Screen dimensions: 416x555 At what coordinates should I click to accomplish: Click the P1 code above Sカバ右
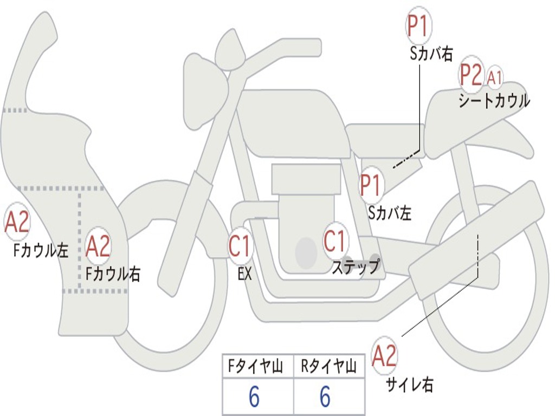[418, 27]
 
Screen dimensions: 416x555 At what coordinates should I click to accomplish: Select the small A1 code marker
[494, 77]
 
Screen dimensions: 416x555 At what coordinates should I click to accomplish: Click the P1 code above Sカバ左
[372, 184]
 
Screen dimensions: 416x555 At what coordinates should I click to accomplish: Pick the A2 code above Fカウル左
[17, 222]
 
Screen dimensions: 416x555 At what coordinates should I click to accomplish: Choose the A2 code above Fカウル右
[98, 245]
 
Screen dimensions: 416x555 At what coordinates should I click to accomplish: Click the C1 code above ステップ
[335, 240]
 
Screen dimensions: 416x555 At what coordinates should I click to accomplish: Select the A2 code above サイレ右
[385, 355]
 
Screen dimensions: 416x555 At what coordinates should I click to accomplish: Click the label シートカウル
[494, 101]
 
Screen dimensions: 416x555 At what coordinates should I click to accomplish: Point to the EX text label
[245, 274]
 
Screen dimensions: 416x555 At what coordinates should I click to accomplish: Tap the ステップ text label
[356, 267]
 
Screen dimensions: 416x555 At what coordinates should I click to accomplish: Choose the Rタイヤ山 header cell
[328, 367]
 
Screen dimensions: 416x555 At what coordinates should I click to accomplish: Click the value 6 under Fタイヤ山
[254, 398]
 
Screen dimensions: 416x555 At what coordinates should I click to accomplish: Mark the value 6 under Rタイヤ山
[325, 398]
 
